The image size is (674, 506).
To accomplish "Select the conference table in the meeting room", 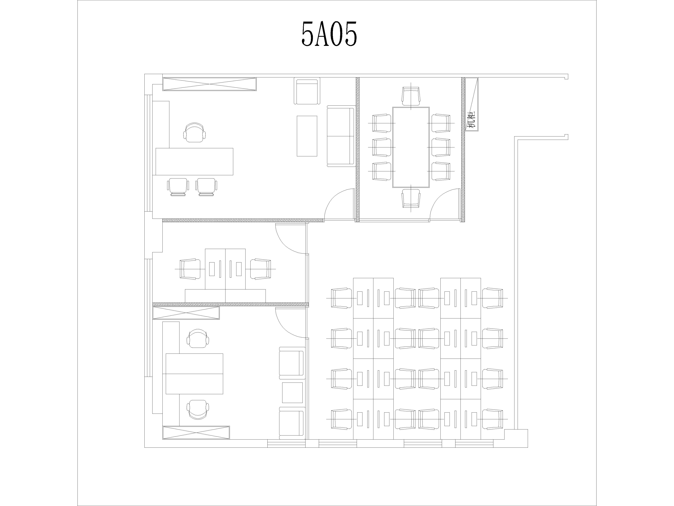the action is pyautogui.click(x=411, y=147).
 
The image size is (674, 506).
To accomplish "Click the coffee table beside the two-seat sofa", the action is pyautogui.click(x=307, y=136).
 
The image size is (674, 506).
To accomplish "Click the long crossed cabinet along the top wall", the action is pyautogui.click(x=209, y=84).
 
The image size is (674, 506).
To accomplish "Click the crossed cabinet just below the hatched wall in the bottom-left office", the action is pyautogui.click(x=186, y=313).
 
